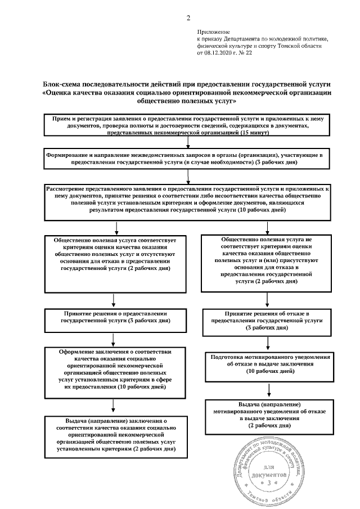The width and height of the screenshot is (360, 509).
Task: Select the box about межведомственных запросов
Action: coord(188,158)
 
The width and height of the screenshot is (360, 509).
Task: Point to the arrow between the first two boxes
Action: coord(188,144)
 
